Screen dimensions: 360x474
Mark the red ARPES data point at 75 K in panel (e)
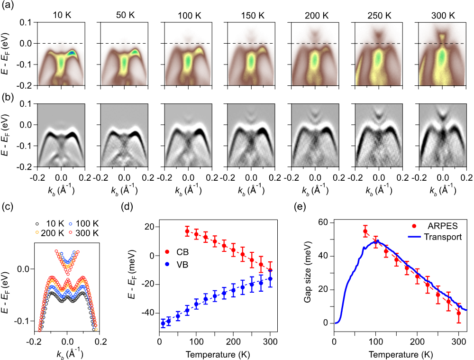pos(365,231)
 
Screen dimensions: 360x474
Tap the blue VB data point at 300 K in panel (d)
pos(270,278)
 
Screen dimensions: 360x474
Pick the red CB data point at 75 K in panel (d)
pos(187,231)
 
